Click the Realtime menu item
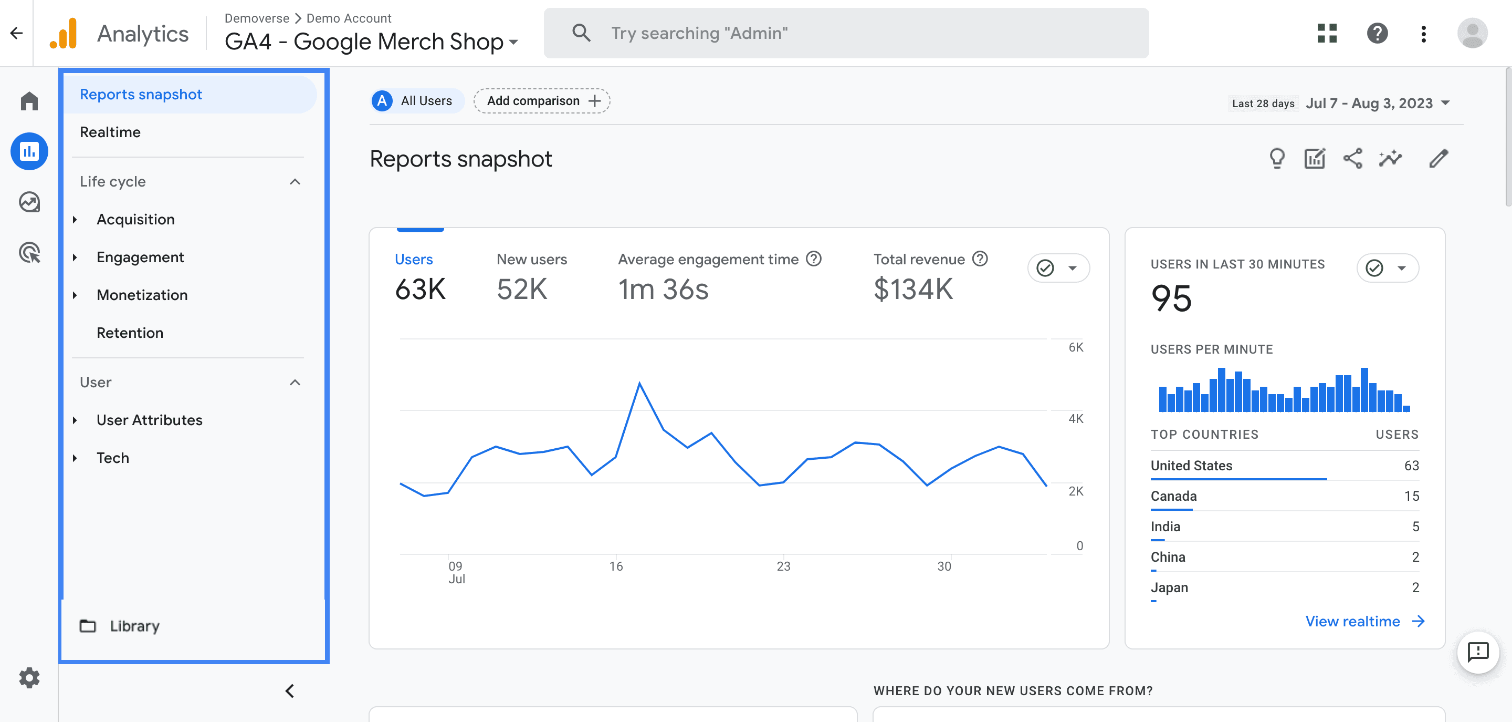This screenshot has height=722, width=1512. [x=110, y=132]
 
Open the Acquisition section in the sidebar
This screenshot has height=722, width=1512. [x=135, y=219]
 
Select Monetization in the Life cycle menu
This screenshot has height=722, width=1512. [x=142, y=295]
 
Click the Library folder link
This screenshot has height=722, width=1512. [x=134, y=626]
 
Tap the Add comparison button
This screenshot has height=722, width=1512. [x=541, y=101]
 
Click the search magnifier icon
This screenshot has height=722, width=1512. [x=581, y=33]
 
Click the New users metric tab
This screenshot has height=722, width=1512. [x=531, y=259]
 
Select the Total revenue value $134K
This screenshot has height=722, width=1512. [x=913, y=289]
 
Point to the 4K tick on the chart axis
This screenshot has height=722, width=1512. [x=1075, y=418]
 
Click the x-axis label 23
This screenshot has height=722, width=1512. [x=783, y=566]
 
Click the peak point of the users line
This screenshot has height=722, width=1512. [x=639, y=384]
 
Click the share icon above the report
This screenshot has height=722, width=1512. [x=1352, y=159]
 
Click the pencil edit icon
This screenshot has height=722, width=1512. [x=1438, y=159]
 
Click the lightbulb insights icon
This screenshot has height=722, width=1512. [x=1277, y=159]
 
